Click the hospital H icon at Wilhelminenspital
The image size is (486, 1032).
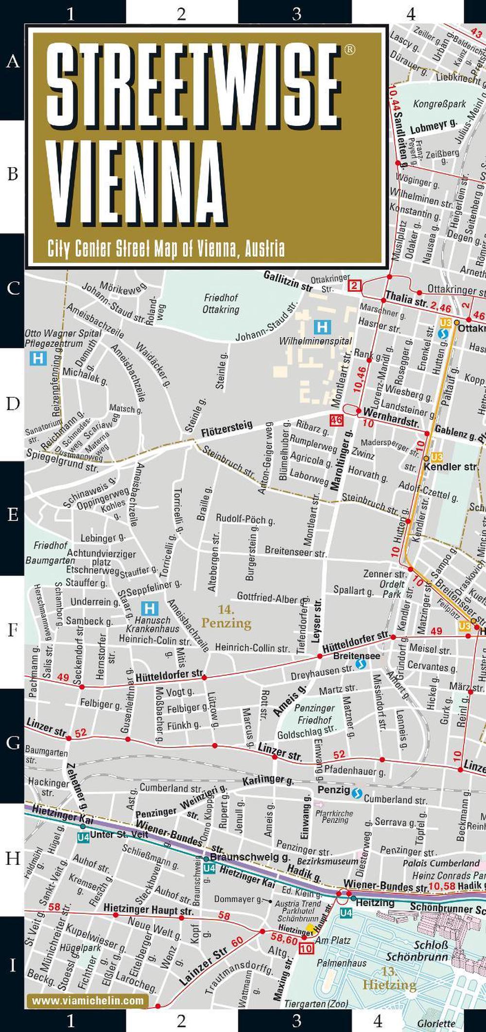pos(322,326)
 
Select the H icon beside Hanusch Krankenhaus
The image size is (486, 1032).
pos(150,608)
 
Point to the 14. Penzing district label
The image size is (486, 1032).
pos(226,617)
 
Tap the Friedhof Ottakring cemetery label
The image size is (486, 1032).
pos(221,303)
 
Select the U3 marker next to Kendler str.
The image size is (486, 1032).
pos(436,457)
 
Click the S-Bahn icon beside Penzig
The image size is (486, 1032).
pos(357,794)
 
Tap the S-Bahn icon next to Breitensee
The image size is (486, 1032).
pos(360,664)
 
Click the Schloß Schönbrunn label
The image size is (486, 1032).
pos(417,950)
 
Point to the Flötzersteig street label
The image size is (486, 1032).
pos(227,428)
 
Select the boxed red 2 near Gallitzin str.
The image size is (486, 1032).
pos(355,286)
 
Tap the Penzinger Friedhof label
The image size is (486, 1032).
pos(314,714)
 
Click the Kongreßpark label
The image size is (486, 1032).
pos(439,104)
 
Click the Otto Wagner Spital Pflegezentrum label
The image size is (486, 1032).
pos(63,338)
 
